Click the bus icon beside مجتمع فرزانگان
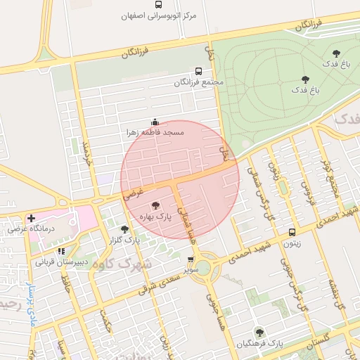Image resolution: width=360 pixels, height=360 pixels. coord(198,71)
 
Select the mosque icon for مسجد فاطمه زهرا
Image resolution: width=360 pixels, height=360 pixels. coord(155,122)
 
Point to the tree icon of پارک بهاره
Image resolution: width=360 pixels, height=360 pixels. coord(155,205)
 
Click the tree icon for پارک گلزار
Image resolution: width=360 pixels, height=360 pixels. coord(124,229)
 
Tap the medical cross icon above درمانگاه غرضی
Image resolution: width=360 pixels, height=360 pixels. coord(30,218)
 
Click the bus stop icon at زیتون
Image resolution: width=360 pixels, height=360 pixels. coord(292,232)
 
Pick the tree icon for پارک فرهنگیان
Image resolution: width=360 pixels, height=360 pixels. coord(259,333)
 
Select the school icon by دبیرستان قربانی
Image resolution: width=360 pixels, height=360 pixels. coord(62,251)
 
